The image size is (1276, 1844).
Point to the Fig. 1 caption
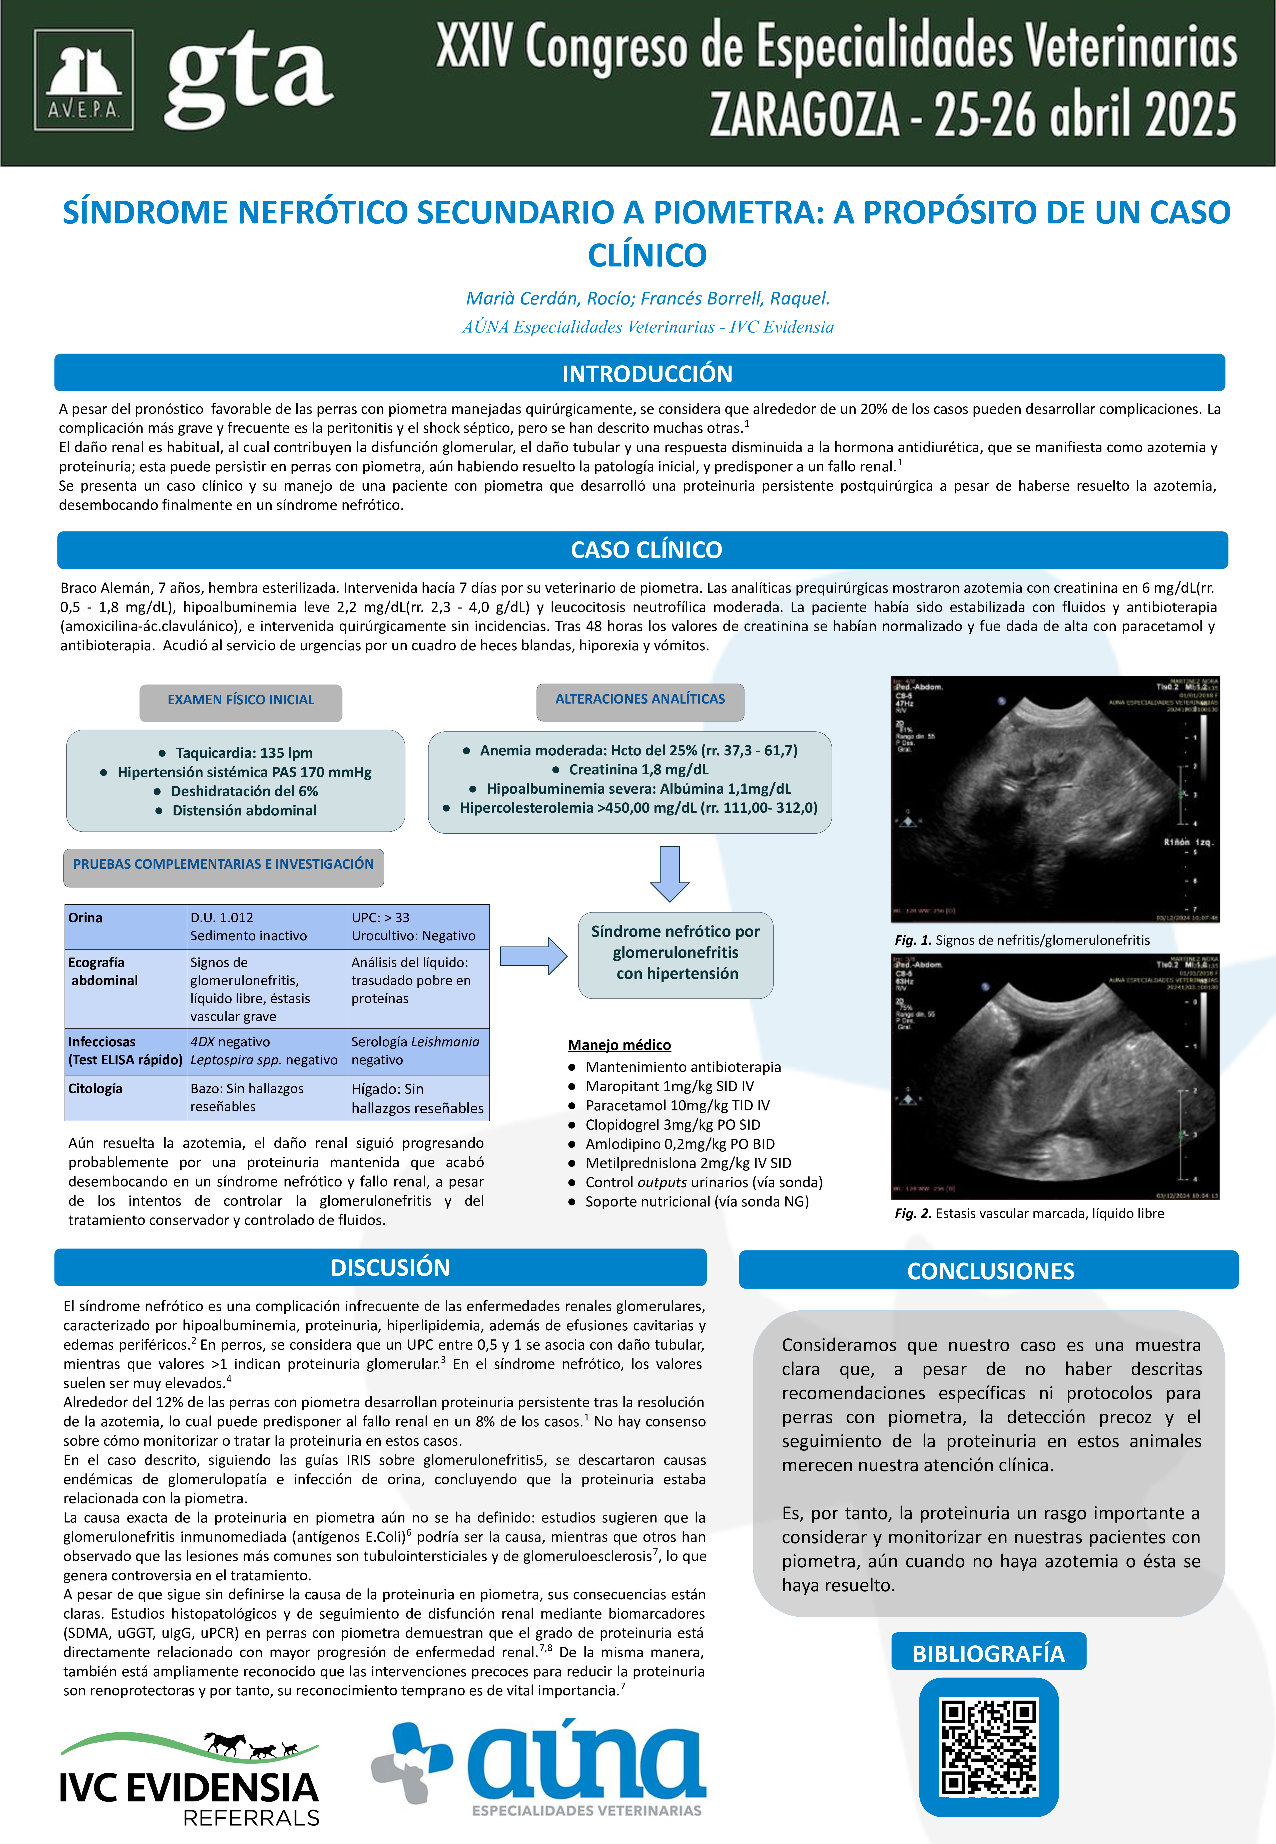coord(1022,941)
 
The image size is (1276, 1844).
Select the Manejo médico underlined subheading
coord(619,1045)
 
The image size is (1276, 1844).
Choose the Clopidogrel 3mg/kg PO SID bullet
coord(672,1124)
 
